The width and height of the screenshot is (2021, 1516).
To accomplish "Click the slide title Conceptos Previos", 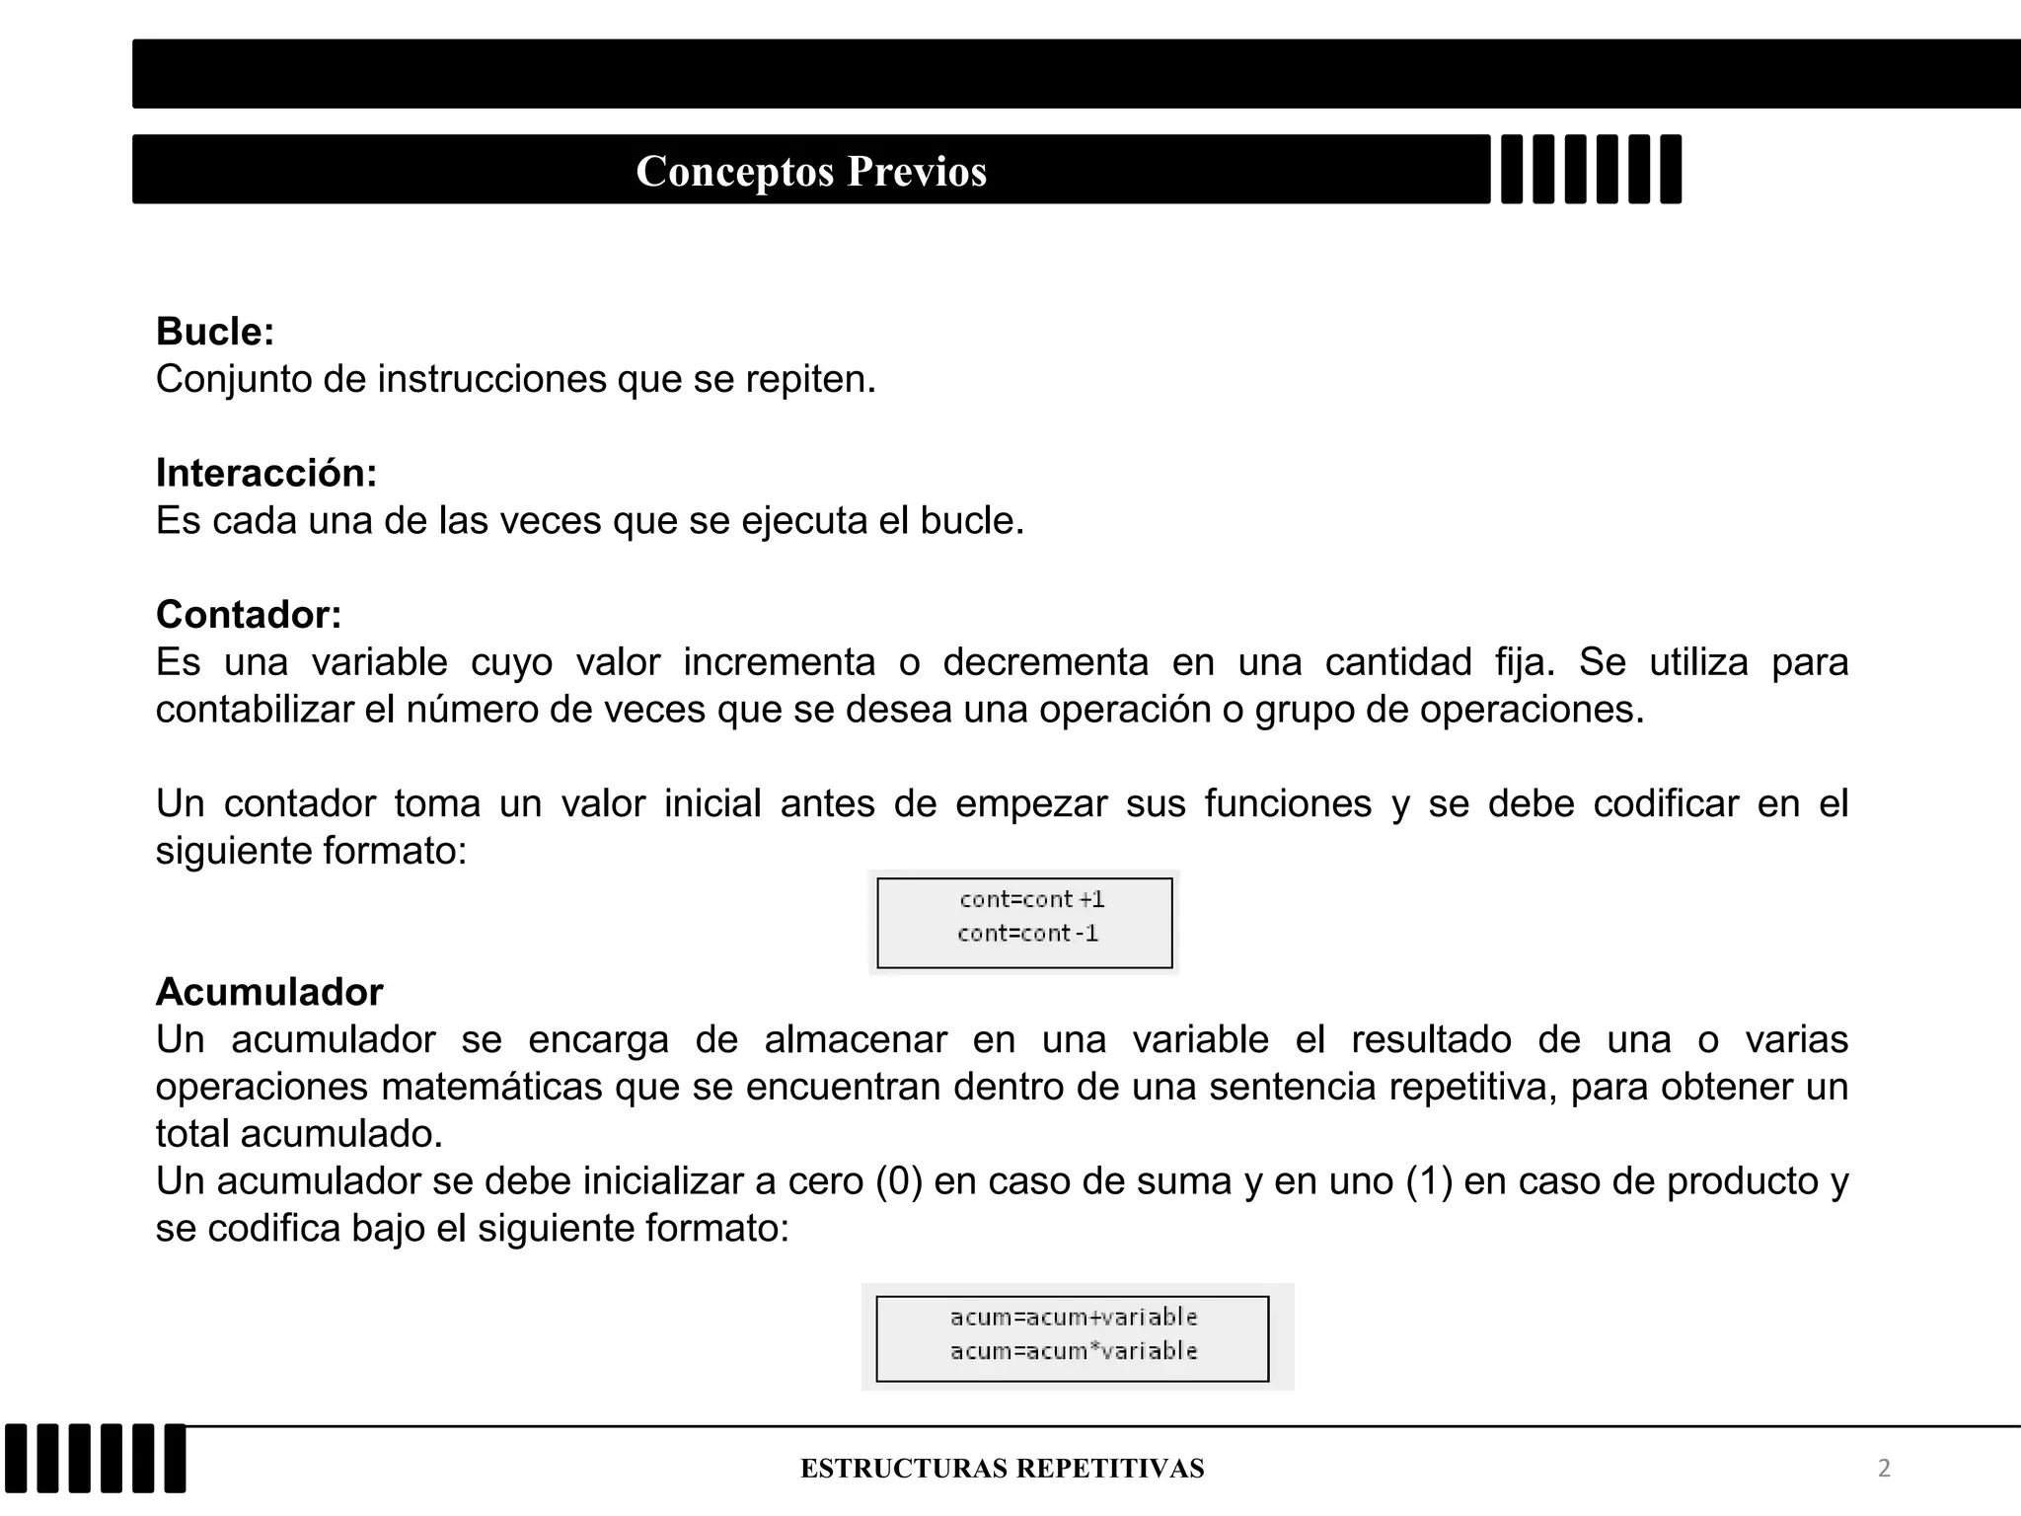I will (x=811, y=171).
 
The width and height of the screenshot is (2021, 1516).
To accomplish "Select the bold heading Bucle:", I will (x=215, y=332).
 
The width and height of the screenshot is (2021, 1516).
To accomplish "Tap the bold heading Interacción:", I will (x=266, y=473).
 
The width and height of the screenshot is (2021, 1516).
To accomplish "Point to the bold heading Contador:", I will (x=249, y=614).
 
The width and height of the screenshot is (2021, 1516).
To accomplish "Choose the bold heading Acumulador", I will (x=269, y=992).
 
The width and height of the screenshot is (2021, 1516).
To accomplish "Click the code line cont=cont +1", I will (x=1031, y=899).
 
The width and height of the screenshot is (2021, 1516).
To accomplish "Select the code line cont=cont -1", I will (x=1027, y=933).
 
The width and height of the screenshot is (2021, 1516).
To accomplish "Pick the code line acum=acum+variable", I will (x=1074, y=1317).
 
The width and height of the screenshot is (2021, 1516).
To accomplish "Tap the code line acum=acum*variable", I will (x=1074, y=1350).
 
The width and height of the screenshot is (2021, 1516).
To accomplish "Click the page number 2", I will (x=1884, y=1469).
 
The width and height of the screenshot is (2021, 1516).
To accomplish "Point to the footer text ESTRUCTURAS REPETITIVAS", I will (x=1002, y=1469).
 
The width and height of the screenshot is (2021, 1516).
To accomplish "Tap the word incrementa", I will (x=780, y=661).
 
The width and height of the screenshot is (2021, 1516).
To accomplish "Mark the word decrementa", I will (x=1046, y=661).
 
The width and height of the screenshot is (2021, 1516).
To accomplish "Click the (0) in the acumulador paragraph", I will (x=898, y=1181).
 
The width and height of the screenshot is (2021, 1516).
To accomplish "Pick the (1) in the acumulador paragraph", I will (x=1429, y=1181).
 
